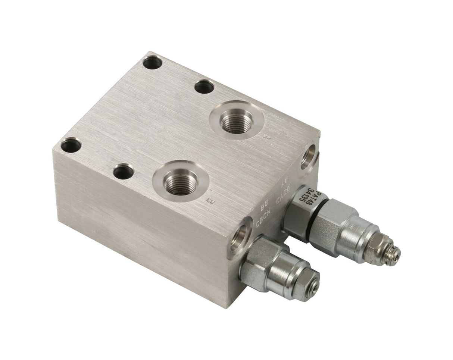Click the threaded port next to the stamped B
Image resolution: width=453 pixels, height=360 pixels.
pos(181,182)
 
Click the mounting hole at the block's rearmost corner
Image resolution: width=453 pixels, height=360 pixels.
pos(153,62)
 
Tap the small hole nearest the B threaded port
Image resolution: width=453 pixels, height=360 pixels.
pos(124,172)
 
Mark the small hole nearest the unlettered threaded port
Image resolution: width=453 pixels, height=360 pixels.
pos(204,87)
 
